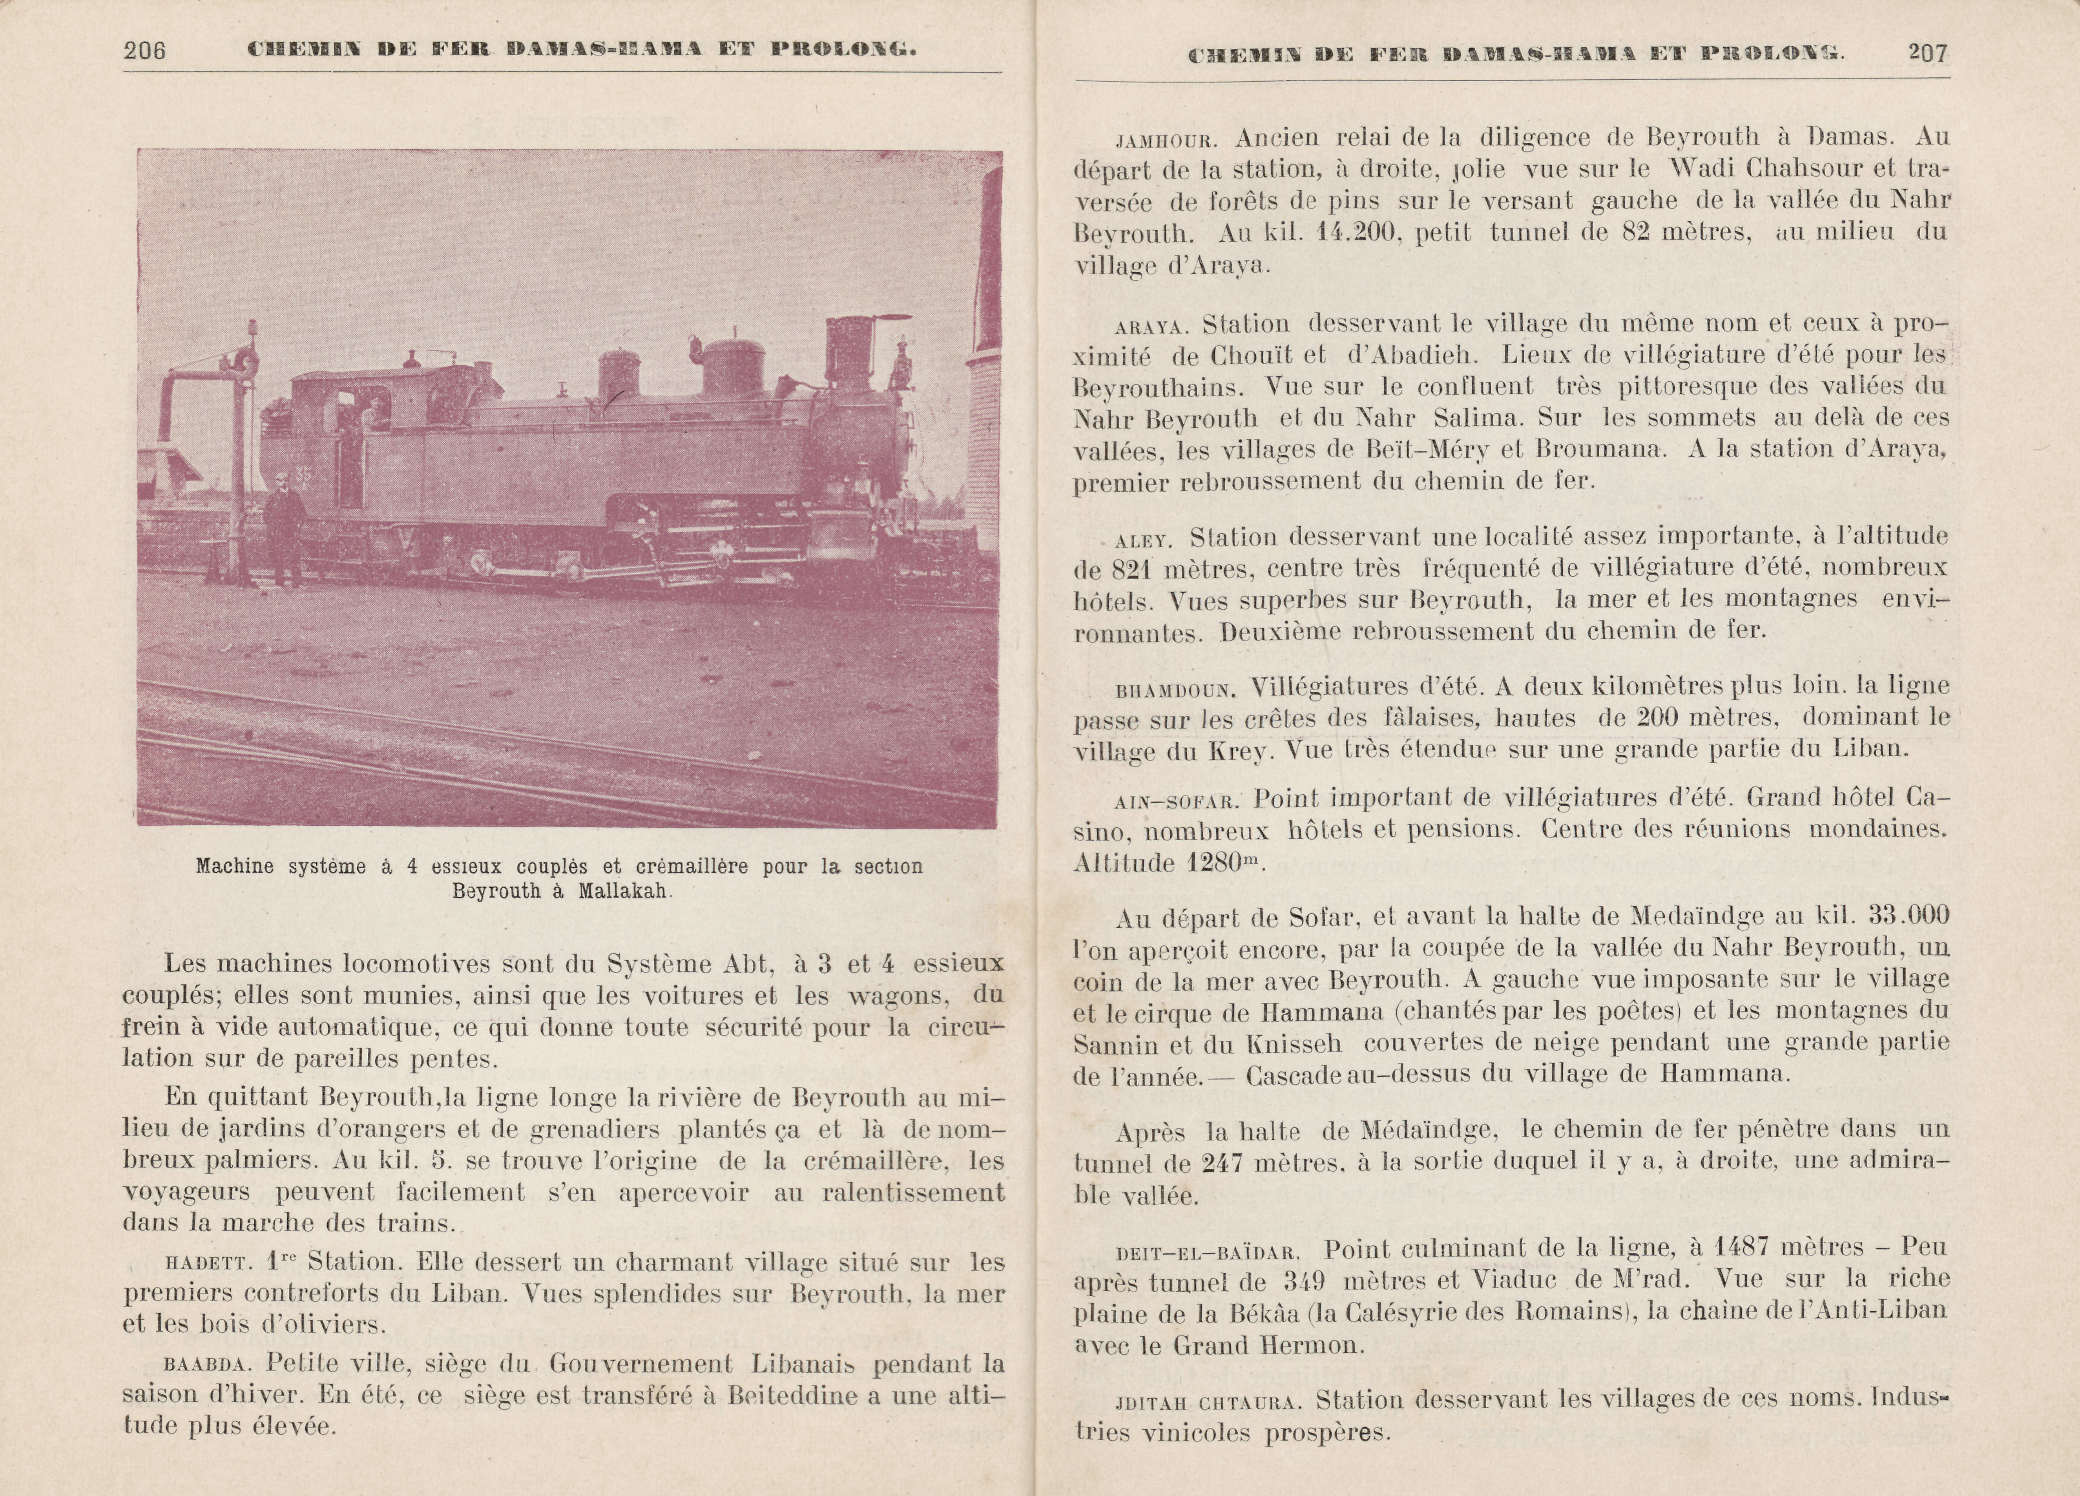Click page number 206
click(x=145, y=51)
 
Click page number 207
click(x=1928, y=53)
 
